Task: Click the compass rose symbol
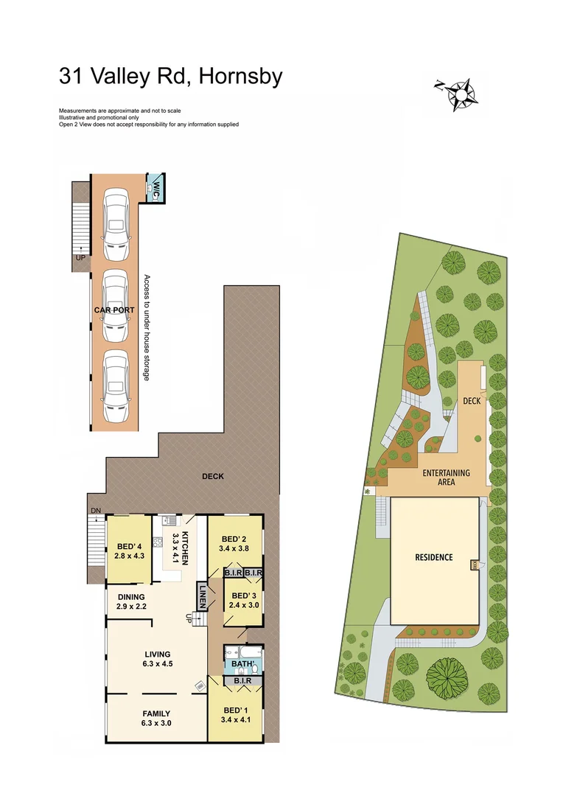pyautogui.click(x=461, y=94)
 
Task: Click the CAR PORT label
pyautogui.click(x=114, y=310)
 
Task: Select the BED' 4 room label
pyautogui.click(x=128, y=546)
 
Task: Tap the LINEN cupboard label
pyautogui.click(x=201, y=595)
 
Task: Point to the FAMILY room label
pyautogui.click(x=156, y=713)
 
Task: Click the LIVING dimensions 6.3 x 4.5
pyautogui.click(x=156, y=663)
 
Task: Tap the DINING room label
pyautogui.click(x=130, y=597)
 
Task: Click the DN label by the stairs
pyautogui.click(x=95, y=510)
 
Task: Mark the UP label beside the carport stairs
pyautogui.click(x=80, y=258)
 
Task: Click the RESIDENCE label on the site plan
pyautogui.click(x=433, y=557)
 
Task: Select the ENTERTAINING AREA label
pyautogui.click(x=446, y=478)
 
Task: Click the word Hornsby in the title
pyautogui.click(x=237, y=77)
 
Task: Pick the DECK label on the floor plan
pyautogui.click(x=213, y=476)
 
